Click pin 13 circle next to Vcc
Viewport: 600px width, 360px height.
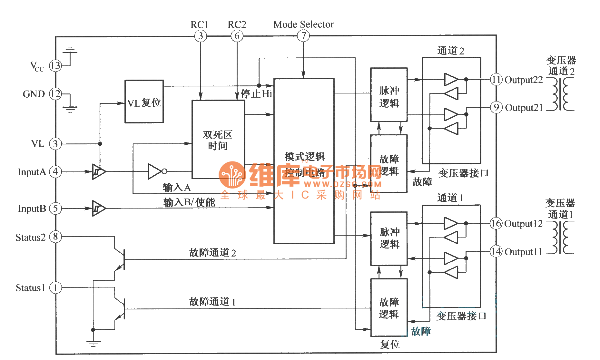pyautogui.click(x=55, y=66)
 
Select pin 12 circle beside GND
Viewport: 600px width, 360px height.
pyautogui.click(x=55, y=94)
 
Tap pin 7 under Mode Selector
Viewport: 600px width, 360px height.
pyautogui.click(x=303, y=35)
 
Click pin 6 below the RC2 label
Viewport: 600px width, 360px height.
pyautogui.click(x=237, y=36)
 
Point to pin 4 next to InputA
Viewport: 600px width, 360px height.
pyautogui.click(x=55, y=171)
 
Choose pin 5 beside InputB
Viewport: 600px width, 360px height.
pyautogui.click(x=55, y=208)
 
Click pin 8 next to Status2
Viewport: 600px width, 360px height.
pyautogui.click(x=55, y=237)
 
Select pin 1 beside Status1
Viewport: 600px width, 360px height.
pyautogui.click(x=55, y=287)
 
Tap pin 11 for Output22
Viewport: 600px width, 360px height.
pyautogui.click(x=496, y=79)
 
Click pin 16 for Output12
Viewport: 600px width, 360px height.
pyautogui.click(x=496, y=223)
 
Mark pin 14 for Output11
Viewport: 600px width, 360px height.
pyautogui.click(x=496, y=251)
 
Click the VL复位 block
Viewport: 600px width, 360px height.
pyautogui.click(x=144, y=102)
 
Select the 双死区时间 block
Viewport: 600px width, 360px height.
pyautogui.click(x=218, y=140)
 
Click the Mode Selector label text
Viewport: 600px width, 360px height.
pyautogui.click(x=303, y=24)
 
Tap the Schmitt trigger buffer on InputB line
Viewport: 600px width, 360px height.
pyautogui.click(x=99, y=208)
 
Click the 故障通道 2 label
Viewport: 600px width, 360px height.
pyautogui.click(x=212, y=253)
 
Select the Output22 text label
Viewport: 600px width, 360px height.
pyautogui.click(x=524, y=80)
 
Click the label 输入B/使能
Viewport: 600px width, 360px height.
pyautogui.click(x=189, y=202)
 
